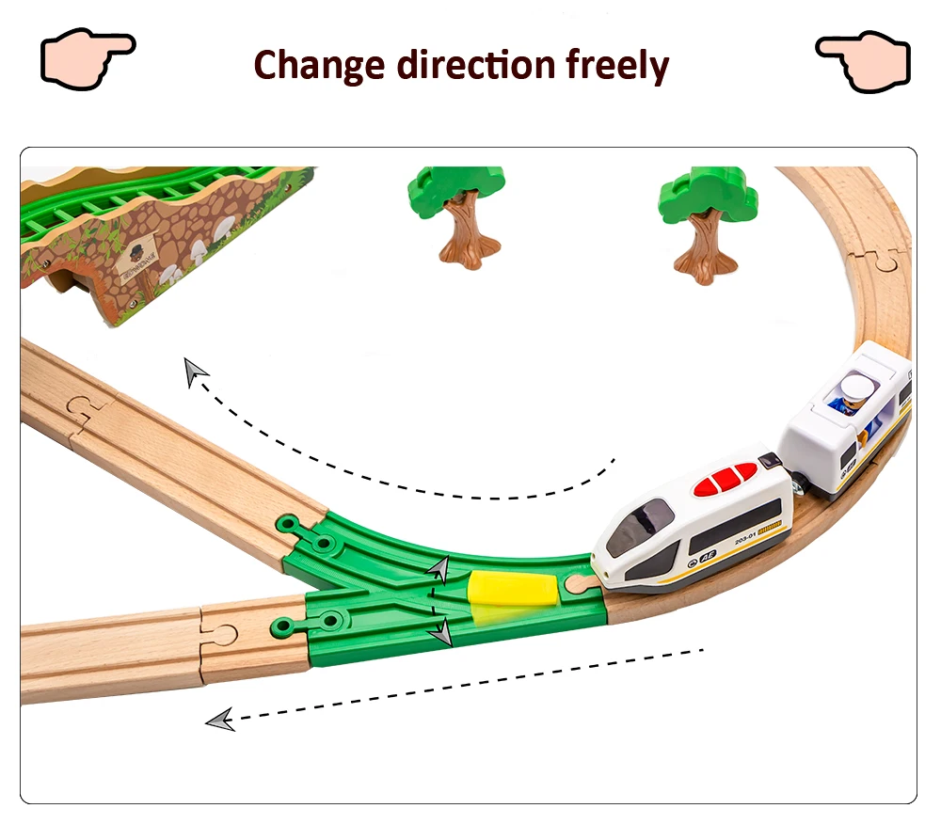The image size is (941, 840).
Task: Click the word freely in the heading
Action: (x=617, y=65)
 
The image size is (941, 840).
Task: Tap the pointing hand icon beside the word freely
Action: (x=863, y=60)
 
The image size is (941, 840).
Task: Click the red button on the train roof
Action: (x=725, y=479)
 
